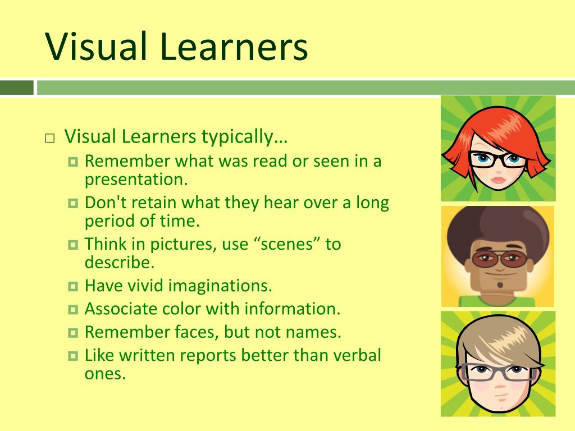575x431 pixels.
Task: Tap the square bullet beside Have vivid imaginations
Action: (72, 287)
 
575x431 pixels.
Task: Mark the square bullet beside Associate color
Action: (72, 310)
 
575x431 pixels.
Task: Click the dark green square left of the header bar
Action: (17, 88)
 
